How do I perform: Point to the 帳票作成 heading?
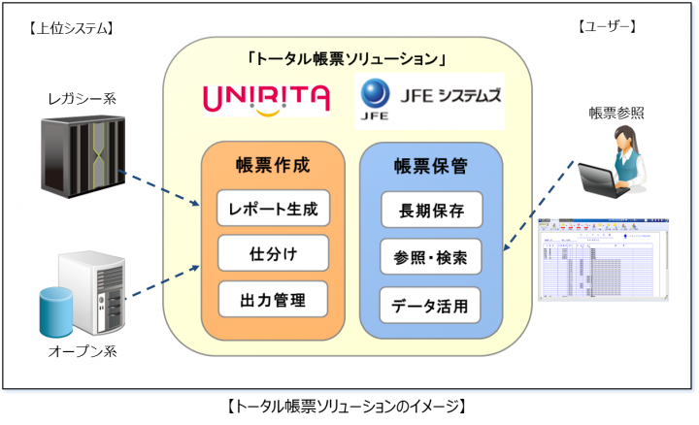point(273,165)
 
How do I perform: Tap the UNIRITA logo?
point(266,98)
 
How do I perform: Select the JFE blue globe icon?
point(374,94)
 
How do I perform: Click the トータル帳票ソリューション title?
point(347,58)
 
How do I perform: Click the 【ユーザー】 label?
point(605,26)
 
